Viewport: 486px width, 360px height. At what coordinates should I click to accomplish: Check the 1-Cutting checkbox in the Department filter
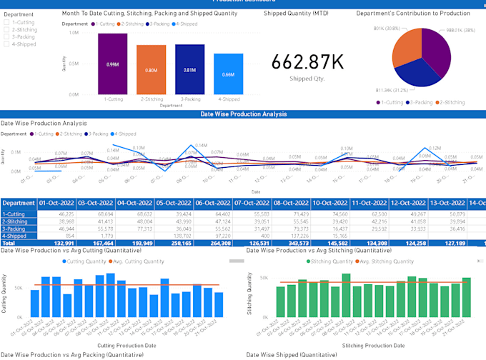click(x=7, y=23)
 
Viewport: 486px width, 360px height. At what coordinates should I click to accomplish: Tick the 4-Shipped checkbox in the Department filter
click(x=7, y=44)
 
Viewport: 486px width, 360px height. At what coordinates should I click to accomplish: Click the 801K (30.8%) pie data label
click(x=386, y=28)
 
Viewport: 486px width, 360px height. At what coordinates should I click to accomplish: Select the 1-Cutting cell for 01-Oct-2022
click(x=57, y=214)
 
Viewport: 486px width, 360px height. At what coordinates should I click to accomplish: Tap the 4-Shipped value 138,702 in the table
click(x=172, y=235)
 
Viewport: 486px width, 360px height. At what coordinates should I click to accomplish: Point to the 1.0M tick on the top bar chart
click(x=74, y=33)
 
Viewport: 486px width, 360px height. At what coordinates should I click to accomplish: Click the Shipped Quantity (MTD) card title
click(x=296, y=14)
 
